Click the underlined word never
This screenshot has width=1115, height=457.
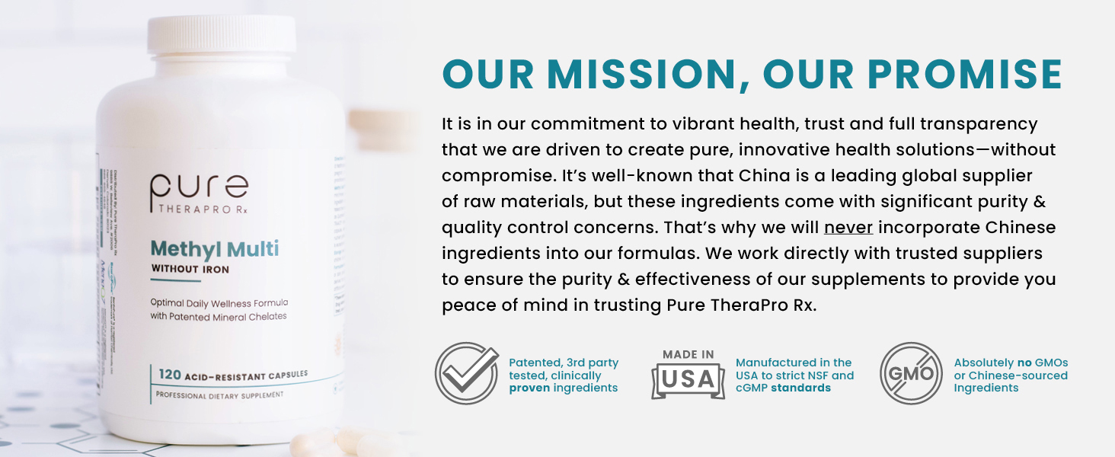point(848,227)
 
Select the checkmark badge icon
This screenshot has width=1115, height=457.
point(466,373)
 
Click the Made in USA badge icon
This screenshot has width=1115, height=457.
point(688,374)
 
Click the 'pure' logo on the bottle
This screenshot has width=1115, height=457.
point(199,189)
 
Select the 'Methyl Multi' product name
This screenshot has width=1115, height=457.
point(214,248)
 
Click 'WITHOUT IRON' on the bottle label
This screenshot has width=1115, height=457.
point(190,269)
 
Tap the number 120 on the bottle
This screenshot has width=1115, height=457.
point(170,374)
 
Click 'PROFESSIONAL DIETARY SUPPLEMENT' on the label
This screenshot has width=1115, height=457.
point(219,395)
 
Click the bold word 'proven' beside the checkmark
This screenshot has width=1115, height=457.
point(529,388)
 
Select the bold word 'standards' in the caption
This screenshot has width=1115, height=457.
point(800,388)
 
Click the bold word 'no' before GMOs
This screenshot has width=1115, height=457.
point(1024,363)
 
